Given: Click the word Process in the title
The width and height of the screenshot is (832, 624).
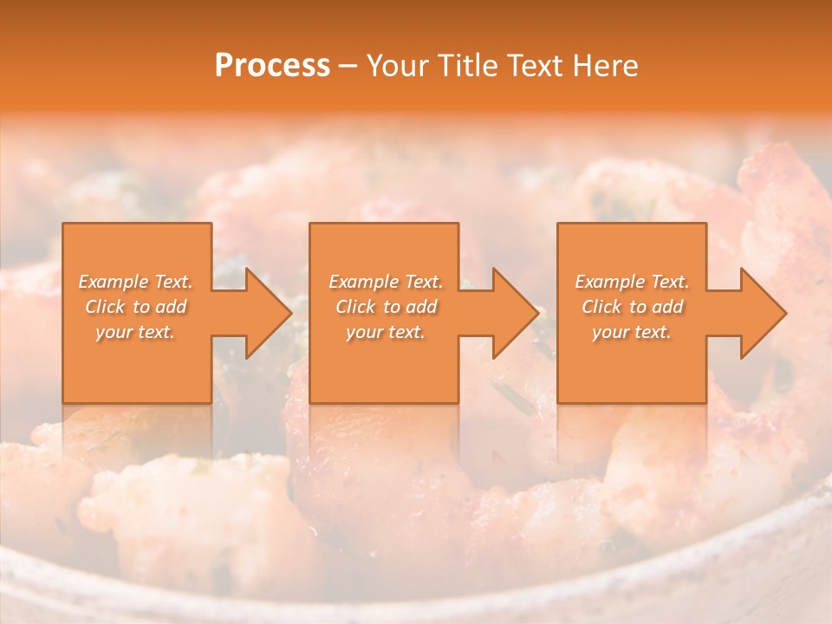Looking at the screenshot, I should click(272, 66).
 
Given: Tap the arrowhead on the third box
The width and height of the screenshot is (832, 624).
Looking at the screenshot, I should click(762, 313).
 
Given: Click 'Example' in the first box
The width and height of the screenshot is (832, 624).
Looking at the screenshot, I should click(114, 282).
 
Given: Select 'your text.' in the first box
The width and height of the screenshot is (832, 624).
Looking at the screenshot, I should click(135, 332).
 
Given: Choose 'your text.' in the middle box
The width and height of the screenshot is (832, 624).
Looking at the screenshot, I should click(385, 332).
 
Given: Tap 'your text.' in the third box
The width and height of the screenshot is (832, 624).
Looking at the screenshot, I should click(632, 332).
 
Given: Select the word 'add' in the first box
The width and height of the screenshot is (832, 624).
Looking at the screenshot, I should click(171, 307).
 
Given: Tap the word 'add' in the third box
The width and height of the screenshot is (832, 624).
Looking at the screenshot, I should click(667, 307).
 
